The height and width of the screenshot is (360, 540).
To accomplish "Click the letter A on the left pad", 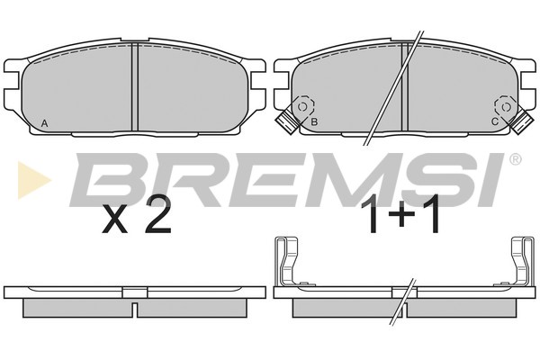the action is click(44, 123).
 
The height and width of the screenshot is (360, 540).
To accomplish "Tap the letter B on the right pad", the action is click(314, 121).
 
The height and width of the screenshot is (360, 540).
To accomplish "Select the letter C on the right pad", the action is click(494, 121).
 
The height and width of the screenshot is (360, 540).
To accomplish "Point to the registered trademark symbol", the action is click(515, 159).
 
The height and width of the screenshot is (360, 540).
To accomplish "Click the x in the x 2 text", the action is click(115, 220).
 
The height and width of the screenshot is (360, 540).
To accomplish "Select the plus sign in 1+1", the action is click(401, 213).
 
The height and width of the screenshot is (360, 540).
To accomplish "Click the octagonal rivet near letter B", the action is click(303, 107).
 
